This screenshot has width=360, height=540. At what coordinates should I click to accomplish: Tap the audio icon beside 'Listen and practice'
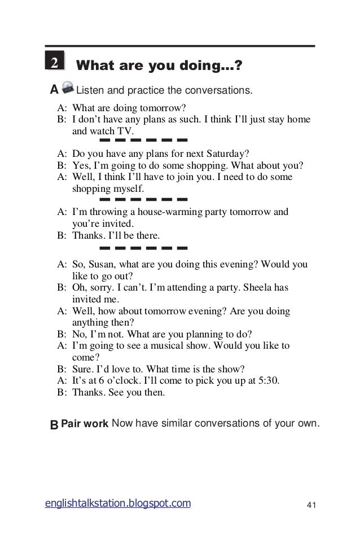point(68,88)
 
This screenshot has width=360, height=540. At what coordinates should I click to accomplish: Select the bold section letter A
point(54,90)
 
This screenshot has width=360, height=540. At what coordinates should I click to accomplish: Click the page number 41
point(310,504)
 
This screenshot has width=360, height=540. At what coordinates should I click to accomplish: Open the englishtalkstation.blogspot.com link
point(118,503)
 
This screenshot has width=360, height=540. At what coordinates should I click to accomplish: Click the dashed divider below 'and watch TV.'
point(143,139)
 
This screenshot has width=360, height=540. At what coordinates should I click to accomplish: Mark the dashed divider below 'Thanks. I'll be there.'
point(143,247)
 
